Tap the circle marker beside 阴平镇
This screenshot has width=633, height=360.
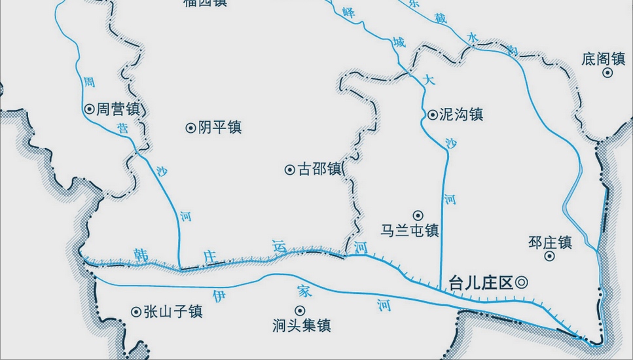click(x=190, y=128)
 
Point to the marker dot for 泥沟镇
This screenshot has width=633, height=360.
click(x=432, y=115)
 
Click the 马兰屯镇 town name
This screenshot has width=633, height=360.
click(x=410, y=230)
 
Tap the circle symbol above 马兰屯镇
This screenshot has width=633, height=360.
click(x=418, y=215)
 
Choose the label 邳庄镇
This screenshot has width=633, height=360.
click(x=550, y=242)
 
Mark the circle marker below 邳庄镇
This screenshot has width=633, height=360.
click(x=550, y=256)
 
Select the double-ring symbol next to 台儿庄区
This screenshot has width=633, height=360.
click(x=522, y=283)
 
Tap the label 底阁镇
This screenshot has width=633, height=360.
click(x=603, y=59)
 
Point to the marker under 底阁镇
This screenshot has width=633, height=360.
click(x=607, y=73)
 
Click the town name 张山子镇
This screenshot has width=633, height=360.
click(x=173, y=312)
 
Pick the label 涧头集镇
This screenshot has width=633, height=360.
click(x=301, y=325)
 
